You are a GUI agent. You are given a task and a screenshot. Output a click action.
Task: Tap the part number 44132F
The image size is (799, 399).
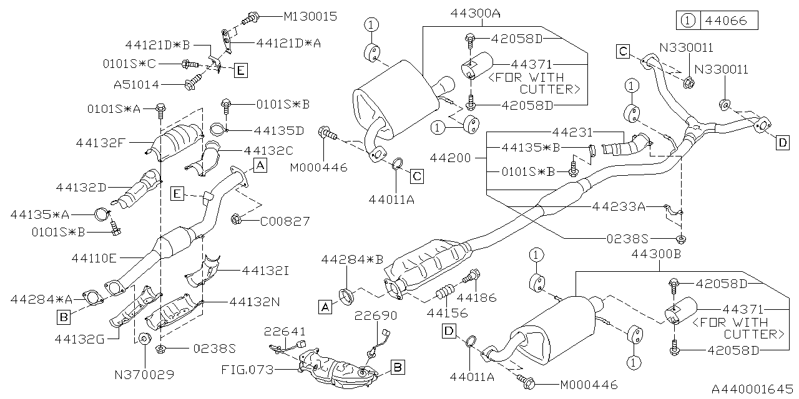tap(102, 142)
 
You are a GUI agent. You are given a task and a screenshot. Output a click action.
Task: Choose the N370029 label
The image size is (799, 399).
tap(144, 375)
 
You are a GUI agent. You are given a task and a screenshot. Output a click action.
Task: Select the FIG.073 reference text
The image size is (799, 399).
tap(247, 370)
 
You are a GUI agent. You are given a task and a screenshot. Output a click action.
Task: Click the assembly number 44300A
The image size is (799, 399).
tap(476, 12)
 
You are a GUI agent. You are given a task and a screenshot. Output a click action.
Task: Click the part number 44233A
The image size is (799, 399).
tap(619, 206)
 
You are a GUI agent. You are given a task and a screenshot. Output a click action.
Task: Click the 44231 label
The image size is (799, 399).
tap(572, 132)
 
